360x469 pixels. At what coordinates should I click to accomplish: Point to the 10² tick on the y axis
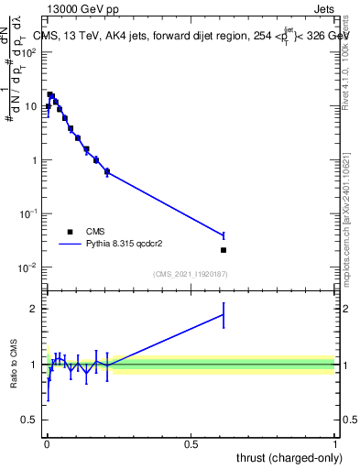[28, 52]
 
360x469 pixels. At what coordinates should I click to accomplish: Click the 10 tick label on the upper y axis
[30, 106]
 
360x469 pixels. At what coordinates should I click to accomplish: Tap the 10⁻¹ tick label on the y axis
[28, 214]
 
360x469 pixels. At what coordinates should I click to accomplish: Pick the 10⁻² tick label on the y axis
[28, 267]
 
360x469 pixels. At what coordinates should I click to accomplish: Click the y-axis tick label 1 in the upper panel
[34, 160]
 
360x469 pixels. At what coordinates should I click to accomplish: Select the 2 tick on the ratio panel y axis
[34, 309]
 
